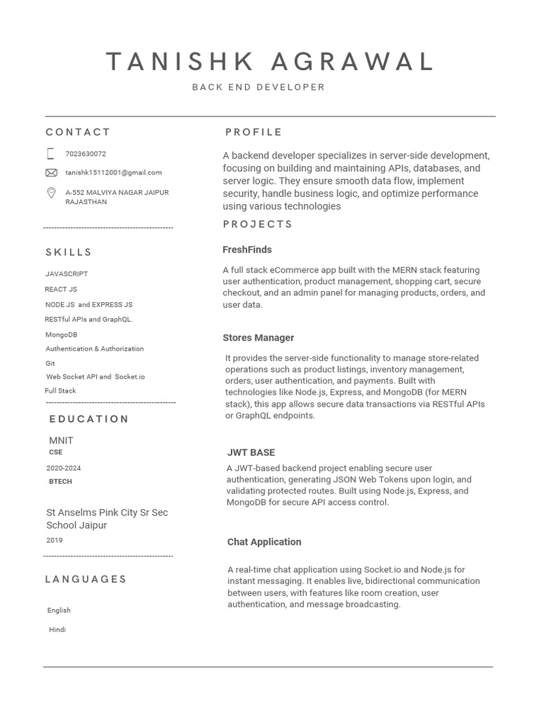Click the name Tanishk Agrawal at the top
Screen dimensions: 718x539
tap(270, 62)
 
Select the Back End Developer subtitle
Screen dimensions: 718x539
tap(258, 88)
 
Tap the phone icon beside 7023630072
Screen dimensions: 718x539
tap(51, 154)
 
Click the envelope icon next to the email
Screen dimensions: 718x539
tap(51, 172)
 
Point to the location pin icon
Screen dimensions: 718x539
tap(51, 193)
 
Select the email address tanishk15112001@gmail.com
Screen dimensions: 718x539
tap(114, 172)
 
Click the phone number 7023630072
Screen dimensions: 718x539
tap(86, 154)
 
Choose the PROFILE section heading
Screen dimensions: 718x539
tap(253, 133)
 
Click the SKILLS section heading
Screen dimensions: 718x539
tap(69, 252)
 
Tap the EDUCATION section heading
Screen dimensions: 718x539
tap(89, 419)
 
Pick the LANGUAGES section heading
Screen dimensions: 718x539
tap(86, 579)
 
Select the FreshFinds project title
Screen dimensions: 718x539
tap(247, 250)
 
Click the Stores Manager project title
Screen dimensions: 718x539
tap(258, 338)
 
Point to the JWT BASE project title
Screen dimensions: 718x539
tap(251, 453)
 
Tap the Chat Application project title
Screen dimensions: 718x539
tap(264, 542)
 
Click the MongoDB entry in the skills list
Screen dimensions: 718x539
tap(61, 335)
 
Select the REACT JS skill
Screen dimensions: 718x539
tap(61, 290)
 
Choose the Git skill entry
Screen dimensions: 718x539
tap(50, 364)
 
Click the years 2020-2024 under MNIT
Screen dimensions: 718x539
tap(63, 468)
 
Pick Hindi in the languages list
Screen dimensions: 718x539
tap(58, 630)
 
